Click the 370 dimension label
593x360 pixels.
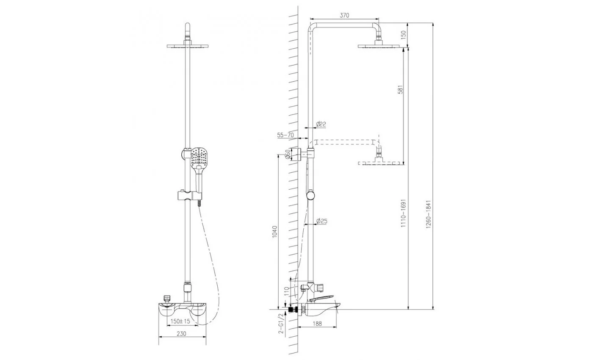coord(344,15)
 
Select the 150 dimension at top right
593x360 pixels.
coord(403,35)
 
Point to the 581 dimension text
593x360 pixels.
coord(401,89)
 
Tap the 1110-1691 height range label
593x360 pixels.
coord(403,213)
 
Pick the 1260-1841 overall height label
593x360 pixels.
coord(429,214)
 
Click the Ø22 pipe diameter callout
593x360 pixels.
coord(321,124)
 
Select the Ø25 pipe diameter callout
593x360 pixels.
coord(322,221)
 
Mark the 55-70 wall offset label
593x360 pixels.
coord(285,135)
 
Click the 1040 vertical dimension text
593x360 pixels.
coord(274,232)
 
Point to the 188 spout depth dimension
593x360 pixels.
coord(317,324)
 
